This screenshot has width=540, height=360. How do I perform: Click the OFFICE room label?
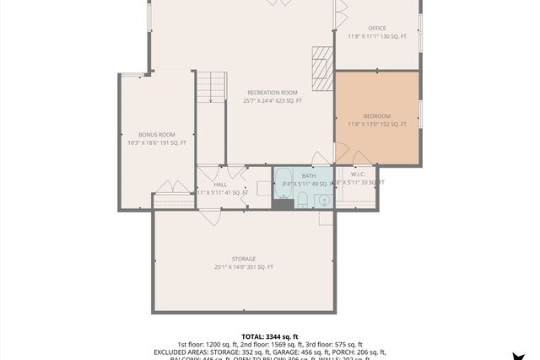(x=376, y=29)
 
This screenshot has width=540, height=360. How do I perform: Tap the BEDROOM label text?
(x=377, y=116)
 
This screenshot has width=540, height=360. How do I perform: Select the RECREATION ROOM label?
(x=273, y=93)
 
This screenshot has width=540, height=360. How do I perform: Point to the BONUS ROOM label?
(x=157, y=135)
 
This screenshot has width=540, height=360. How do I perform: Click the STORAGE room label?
(x=244, y=259)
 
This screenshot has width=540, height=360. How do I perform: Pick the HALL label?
(x=220, y=185)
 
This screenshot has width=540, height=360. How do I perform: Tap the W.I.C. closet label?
(x=358, y=175)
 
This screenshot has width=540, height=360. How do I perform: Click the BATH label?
(x=309, y=175)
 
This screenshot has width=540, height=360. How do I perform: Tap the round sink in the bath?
(x=323, y=201)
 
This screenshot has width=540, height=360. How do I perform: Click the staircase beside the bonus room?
(x=212, y=89)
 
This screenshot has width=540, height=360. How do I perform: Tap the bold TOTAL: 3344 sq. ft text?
(x=270, y=336)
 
